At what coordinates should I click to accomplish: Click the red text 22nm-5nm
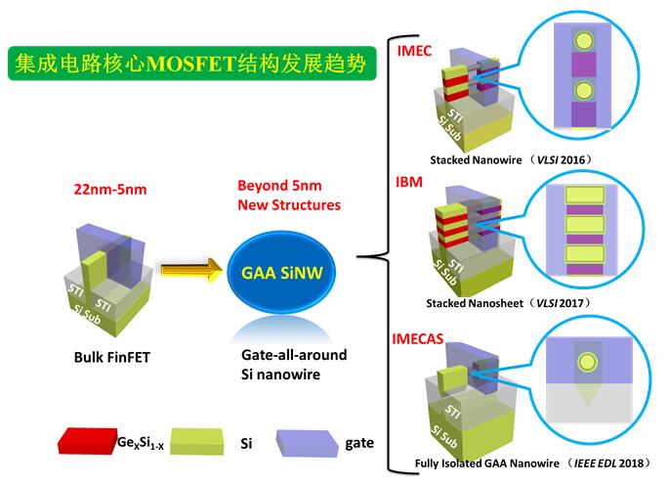[x=109, y=189]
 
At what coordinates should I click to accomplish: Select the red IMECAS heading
[x=416, y=339]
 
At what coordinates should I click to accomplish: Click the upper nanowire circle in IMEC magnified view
[x=583, y=42]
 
